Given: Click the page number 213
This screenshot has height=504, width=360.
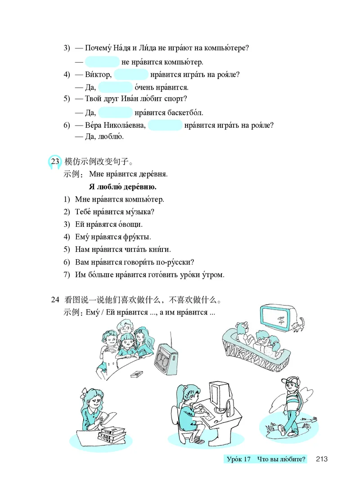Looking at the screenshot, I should point(321,459).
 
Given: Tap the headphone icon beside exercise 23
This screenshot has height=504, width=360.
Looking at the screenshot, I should point(55,162).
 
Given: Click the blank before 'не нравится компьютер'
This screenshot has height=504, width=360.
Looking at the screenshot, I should point(102,62).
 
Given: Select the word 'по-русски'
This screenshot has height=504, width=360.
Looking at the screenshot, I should point(178,262).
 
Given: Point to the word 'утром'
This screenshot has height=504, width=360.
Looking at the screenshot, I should point(211,274).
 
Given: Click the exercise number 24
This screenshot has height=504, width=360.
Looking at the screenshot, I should point(55,300).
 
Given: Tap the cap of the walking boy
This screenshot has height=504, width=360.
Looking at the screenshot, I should point(289,380).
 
